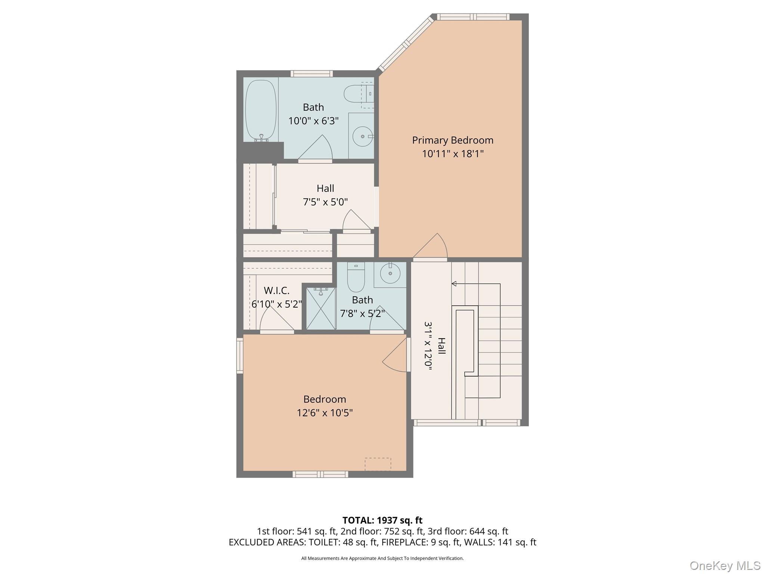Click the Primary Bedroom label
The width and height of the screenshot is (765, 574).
click(452, 140)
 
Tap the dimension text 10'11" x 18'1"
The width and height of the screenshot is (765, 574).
click(452, 154)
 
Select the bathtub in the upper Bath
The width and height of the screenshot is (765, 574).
click(261, 111)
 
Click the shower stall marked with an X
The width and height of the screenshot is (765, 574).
click(321, 309)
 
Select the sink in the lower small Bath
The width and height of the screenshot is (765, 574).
click(390, 274)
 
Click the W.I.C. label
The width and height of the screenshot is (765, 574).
click(276, 290)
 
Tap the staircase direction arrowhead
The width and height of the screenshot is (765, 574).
click(454, 284)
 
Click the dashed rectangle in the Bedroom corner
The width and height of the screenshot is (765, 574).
click(378, 464)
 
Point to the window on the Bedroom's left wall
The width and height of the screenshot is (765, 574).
click(240, 355)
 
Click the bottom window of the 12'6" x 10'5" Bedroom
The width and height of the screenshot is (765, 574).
click(320, 474)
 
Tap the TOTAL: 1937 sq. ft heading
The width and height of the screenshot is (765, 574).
click(382, 520)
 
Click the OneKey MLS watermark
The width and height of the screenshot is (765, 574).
click(725, 565)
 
